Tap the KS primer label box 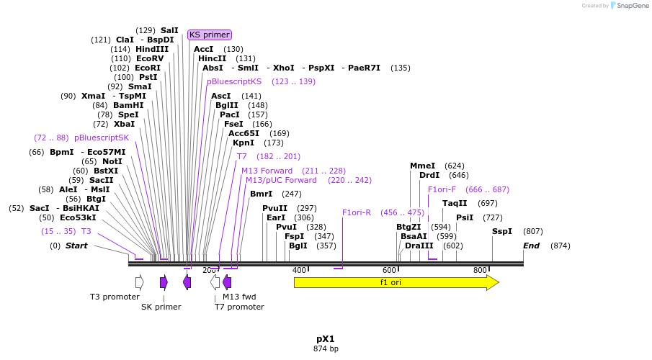click(210, 35)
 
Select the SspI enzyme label click(502, 231)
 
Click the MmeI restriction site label click(423, 166)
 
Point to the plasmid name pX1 click(326, 338)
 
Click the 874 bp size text click(326, 349)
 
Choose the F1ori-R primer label click(357, 212)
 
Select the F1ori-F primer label click(442, 189)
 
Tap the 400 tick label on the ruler click(299, 270)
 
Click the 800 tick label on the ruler click(480, 270)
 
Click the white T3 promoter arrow click(139, 282)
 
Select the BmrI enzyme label click(261, 194)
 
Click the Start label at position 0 click(76, 246)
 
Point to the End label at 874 click(531, 246)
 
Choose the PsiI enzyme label click(465, 217)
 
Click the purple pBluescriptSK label click(102, 138)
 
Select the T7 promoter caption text click(239, 307)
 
